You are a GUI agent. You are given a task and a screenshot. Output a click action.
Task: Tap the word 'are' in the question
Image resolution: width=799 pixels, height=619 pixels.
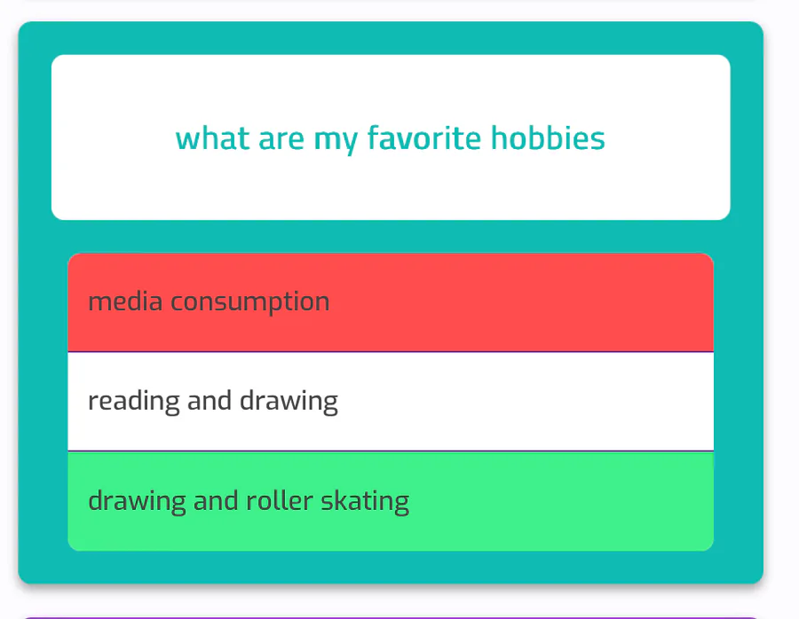coord(281,139)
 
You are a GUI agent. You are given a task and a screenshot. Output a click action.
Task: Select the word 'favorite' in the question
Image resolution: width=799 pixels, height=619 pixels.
coord(424,138)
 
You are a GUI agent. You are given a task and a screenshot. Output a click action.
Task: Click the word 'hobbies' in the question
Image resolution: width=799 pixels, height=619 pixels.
coord(548,138)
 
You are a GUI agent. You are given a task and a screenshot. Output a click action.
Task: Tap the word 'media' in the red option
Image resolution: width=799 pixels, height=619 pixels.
coord(125,302)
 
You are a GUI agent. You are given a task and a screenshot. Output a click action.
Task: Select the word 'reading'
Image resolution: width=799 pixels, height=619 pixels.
coord(134,402)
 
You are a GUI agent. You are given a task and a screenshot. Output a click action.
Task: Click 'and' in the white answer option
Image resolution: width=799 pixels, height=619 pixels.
coord(210,401)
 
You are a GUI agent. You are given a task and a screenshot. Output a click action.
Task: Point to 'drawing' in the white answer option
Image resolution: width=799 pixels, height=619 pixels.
coord(289,402)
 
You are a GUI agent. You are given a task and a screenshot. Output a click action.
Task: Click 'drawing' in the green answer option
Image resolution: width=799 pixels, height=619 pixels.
coord(137,502)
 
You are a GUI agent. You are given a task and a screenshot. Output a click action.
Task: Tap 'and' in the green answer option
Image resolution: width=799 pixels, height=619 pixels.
coord(216,500)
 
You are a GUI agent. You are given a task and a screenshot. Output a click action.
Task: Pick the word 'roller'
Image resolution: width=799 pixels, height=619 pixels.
coord(280,500)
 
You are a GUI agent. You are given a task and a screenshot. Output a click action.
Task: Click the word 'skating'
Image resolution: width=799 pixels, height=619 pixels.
coord(365,502)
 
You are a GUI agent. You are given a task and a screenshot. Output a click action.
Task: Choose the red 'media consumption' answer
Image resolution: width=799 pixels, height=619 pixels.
coord(391,302)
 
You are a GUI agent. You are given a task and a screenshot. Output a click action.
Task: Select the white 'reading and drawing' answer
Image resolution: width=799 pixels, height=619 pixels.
coord(391,401)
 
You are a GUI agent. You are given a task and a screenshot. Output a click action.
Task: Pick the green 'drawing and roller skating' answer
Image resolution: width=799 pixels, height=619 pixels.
coord(391,501)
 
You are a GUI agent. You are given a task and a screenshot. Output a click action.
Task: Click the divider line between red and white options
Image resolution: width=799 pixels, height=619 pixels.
coord(391,352)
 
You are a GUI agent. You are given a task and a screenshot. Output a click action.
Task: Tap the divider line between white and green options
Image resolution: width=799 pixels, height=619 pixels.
coord(391,451)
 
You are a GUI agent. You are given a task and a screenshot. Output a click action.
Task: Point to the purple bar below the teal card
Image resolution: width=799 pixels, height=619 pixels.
coord(391,618)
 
